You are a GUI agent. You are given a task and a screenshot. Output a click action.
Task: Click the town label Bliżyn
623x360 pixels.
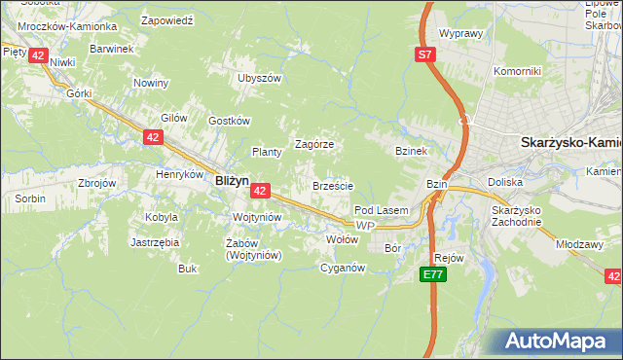click(232, 180)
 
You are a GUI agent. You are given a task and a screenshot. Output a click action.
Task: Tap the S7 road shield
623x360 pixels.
click(425, 55)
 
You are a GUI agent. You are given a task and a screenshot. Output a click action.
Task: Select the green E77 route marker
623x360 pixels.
click(434, 276)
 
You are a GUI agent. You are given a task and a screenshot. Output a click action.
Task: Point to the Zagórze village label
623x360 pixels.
click(314, 144)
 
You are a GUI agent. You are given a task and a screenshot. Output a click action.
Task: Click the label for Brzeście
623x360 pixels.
click(332, 185)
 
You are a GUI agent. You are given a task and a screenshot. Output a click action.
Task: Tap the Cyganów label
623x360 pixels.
click(342, 268)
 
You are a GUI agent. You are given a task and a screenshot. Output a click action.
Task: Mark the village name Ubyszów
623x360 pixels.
click(259, 78)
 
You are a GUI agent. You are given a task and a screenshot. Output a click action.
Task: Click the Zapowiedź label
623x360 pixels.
click(166, 19)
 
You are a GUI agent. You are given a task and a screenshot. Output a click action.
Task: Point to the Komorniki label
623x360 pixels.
click(516, 71)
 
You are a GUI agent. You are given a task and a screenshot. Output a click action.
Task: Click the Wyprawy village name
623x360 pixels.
click(461, 33)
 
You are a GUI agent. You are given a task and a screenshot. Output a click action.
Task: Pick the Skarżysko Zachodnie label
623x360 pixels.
click(516, 217)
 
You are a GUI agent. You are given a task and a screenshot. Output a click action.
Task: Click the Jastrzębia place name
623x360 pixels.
click(154, 242)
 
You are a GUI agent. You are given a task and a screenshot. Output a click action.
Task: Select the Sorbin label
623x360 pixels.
click(29, 198)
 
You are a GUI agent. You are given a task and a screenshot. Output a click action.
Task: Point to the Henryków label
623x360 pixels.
click(179, 175)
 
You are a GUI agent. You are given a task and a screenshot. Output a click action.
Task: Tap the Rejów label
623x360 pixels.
click(449, 258)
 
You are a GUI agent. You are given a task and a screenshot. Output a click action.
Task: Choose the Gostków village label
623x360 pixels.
click(230, 121)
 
